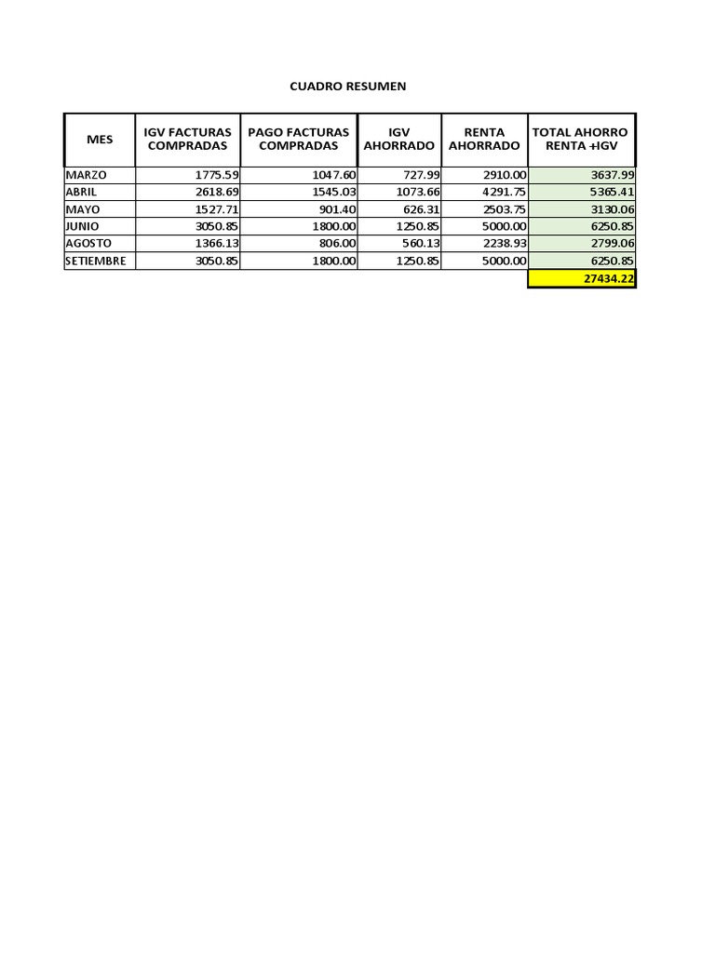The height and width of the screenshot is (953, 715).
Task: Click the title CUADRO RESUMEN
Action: (347, 87)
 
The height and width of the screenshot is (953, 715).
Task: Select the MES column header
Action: (100, 140)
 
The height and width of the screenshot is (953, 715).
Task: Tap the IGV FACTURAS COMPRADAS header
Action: (187, 140)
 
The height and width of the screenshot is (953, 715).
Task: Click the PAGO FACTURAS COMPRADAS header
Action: (298, 140)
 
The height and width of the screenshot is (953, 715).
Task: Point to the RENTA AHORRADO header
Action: (484, 140)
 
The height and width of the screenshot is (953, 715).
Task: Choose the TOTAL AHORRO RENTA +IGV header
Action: (581, 140)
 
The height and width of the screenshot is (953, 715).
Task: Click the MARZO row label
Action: (86, 175)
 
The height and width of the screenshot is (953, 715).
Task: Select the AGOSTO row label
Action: (88, 244)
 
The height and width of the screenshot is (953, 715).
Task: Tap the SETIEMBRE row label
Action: (96, 262)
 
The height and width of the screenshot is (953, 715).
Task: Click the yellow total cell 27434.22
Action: (582, 279)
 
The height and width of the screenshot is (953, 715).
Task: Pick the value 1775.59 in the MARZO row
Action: (217, 175)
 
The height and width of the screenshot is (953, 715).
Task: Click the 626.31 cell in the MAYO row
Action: (420, 209)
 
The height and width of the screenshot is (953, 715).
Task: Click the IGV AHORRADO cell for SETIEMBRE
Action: (415, 262)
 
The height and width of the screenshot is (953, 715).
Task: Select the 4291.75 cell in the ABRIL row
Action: (504, 192)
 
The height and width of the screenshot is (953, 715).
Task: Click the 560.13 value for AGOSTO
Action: (420, 244)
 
